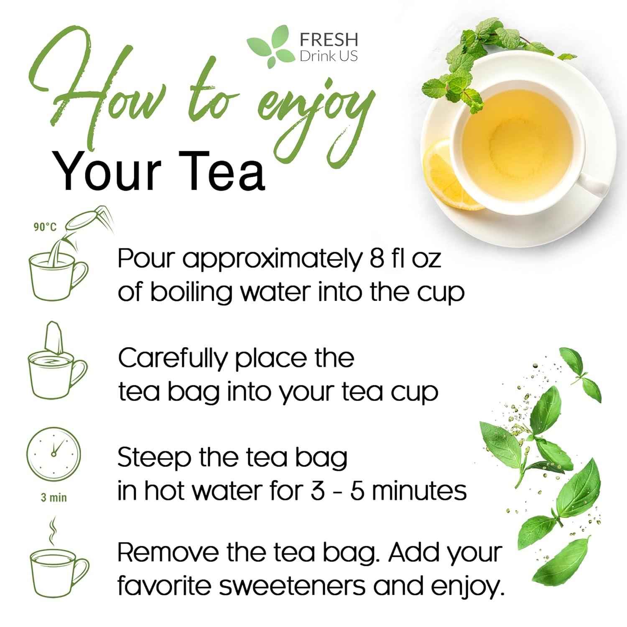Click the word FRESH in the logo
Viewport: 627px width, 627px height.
(329, 40)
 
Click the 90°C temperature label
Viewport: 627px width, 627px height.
(45, 227)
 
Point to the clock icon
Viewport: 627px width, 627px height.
(54, 453)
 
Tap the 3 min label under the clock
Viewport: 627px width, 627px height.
(54, 498)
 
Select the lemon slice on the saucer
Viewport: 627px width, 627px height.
(449, 180)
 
